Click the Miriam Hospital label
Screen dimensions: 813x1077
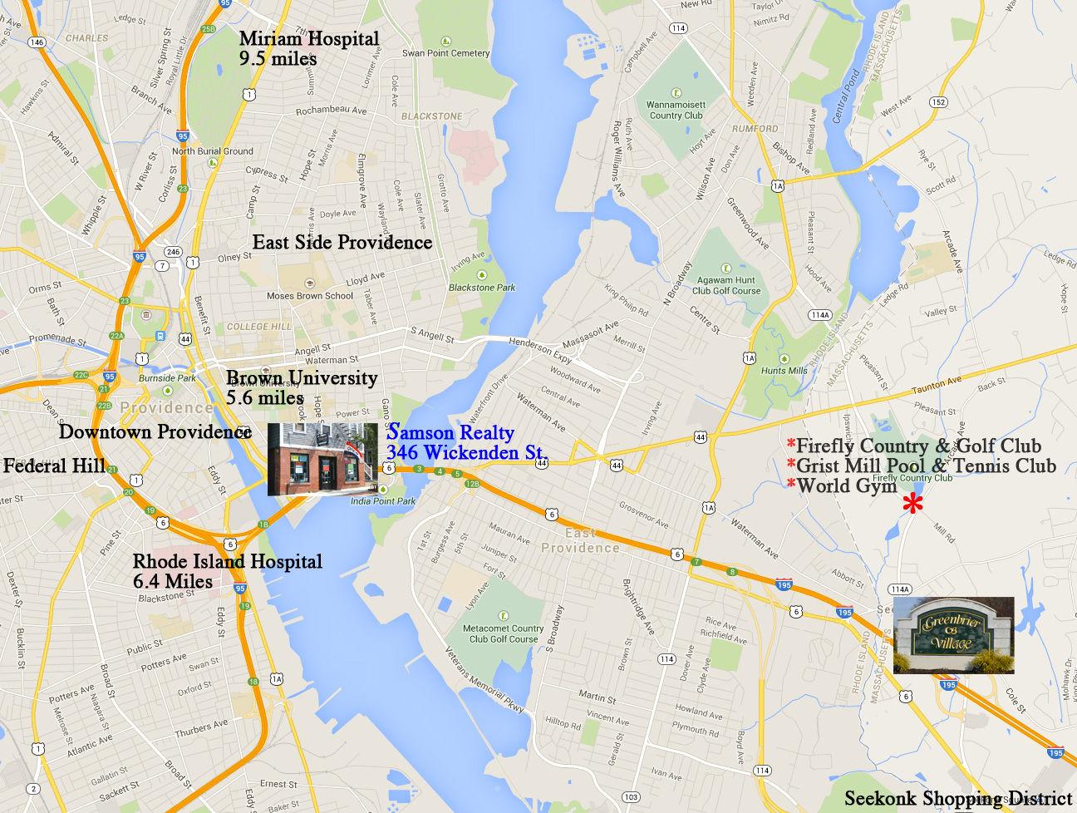coord(308,48)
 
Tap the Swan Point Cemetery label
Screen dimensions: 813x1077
coord(446,52)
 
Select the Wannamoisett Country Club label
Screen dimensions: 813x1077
coord(676,111)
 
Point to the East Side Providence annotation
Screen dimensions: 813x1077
coord(342,242)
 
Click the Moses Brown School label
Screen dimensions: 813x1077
coord(310,295)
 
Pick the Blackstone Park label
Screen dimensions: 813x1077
coord(482,287)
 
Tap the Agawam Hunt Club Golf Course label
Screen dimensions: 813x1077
coord(726,285)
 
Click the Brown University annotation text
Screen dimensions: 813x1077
coord(302,387)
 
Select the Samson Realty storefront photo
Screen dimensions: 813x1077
coord(322,459)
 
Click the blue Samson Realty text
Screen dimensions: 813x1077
coord(464,442)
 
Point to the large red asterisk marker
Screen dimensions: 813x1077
coord(912,503)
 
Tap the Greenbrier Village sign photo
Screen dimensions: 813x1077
coord(953,635)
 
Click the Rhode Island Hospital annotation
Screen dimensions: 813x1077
coord(228,571)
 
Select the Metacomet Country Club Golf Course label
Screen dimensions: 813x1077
coord(504,633)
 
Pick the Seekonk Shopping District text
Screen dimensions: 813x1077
coord(957,798)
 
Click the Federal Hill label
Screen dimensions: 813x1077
coord(54,466)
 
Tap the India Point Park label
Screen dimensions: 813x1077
coord(383,500)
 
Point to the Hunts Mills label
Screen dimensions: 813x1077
coord(784,370)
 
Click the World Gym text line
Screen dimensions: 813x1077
coord(846,485)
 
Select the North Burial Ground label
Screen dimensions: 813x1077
coord(212,151)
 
